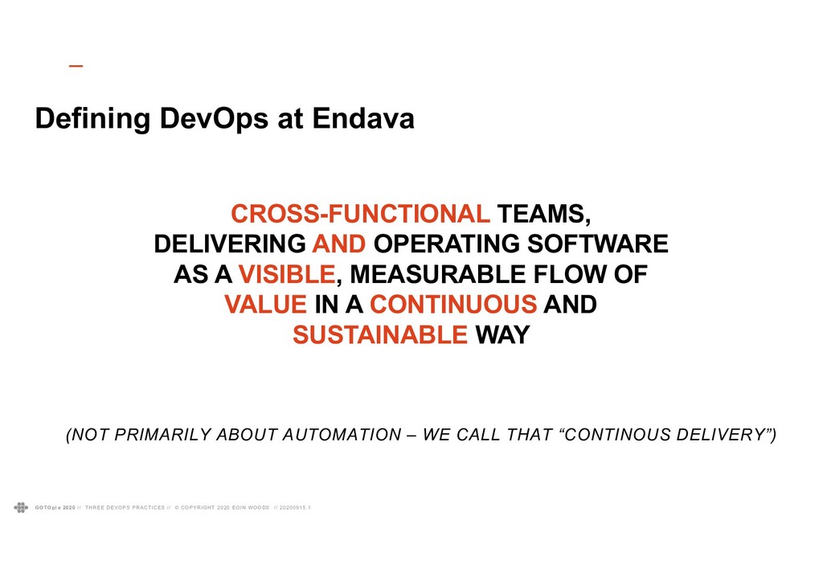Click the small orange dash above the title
(76, 66)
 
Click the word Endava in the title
(363, 118)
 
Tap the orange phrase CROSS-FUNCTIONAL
(360, 214)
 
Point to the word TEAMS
(544, 215)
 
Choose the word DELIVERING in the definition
(230, 244)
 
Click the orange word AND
(339, 244)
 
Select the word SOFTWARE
(597, 244)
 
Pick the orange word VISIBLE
(287, 274)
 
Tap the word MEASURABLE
(438, 274)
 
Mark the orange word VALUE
(265, 305)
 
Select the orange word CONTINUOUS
(453, 305)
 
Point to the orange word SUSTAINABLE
(380, 335)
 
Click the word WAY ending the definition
(502, 335)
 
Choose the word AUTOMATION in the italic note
(342, 435)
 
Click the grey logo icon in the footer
(21, 507)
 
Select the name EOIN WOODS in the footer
(251, 508)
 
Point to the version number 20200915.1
(295, 508)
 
